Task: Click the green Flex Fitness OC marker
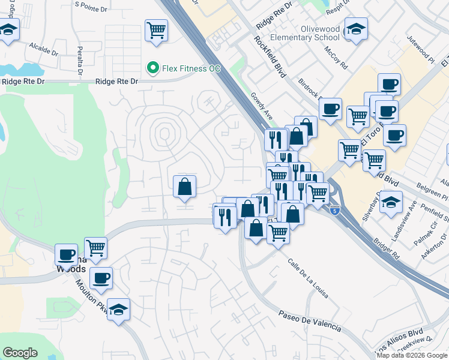click(153, 68)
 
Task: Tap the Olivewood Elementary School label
click(321, 32)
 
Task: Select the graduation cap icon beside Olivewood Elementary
click(356, 29)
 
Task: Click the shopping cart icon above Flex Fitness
click(156, 29)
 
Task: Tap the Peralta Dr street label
click(79, 56)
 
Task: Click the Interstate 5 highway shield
click(335, 211)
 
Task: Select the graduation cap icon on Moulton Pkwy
click(119, 310)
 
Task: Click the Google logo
click(20, 353)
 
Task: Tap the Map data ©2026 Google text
click(412, 355)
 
